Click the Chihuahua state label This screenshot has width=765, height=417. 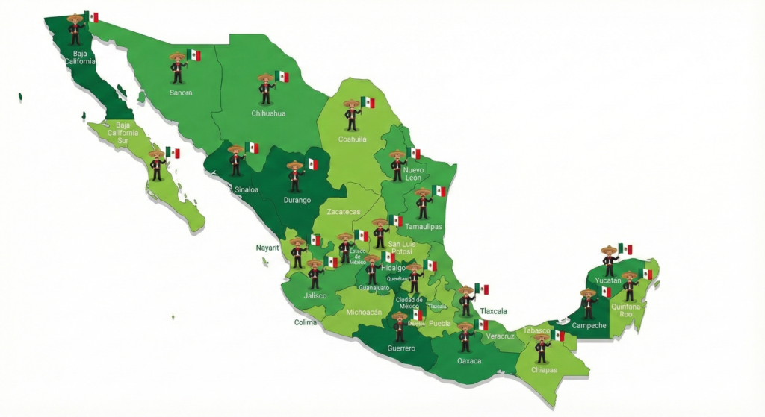(268, 113)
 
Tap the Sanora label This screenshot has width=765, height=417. (181, 93)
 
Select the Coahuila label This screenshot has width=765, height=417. (352, 139)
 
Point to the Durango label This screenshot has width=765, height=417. (296, 200)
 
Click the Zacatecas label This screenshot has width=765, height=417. (344, 212)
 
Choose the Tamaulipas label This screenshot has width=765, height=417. (424, 226)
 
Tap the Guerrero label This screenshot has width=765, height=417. (401, 348)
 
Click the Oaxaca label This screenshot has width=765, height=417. (469, 361)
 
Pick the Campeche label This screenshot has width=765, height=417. (589, 325)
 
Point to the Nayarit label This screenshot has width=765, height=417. (267, 248)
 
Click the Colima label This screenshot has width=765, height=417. (305, 323)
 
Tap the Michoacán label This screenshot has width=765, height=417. (364, 313)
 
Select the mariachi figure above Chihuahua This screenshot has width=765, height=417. (266, 90)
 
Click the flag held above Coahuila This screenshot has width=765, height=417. (368, 102)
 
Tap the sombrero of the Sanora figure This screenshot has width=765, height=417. (177, 56)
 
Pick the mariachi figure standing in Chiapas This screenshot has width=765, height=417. (542, 349)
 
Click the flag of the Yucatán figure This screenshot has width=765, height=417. (625, 248)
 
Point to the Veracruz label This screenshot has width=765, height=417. (500, 336)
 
